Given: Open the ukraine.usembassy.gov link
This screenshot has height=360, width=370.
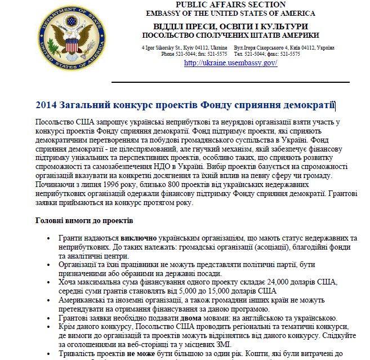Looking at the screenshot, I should pos(231,63).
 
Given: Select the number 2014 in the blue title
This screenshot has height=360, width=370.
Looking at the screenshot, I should pos(46,105).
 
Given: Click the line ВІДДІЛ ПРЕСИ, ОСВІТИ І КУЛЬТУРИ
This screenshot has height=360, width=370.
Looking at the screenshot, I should pos(231,26).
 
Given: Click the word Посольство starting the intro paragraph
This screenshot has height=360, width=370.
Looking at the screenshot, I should pos(55,122).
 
